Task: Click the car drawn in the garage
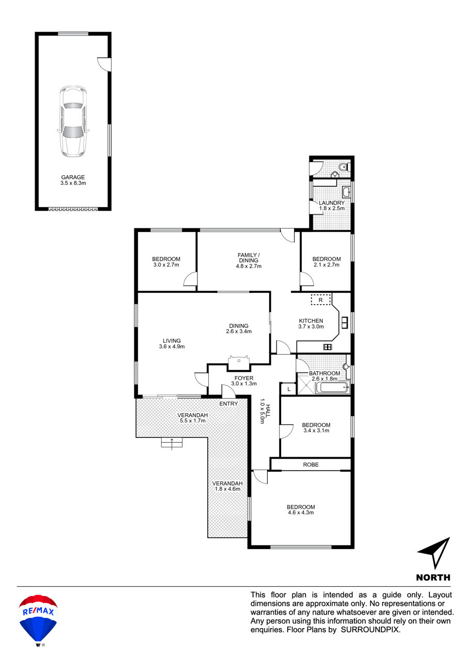tap(73, 121)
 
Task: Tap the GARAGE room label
tap(73, 177)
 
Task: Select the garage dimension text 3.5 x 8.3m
tap(73, 183)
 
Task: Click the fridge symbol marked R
tap(321, 300)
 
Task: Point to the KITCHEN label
tap(311, 321)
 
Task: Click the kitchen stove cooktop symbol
tap(328, 347)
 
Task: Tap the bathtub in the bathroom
tap(332, 387)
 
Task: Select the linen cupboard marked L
tap(289, 389)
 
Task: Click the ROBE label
tap(311, 464)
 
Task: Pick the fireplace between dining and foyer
tap(239, 363)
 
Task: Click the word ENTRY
tap(228, 404)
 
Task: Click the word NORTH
tap(433, 577)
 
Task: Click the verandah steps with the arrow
tap(172, 442)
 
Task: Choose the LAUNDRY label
tap(332, 202)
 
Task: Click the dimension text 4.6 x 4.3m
tap(301, 512)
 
